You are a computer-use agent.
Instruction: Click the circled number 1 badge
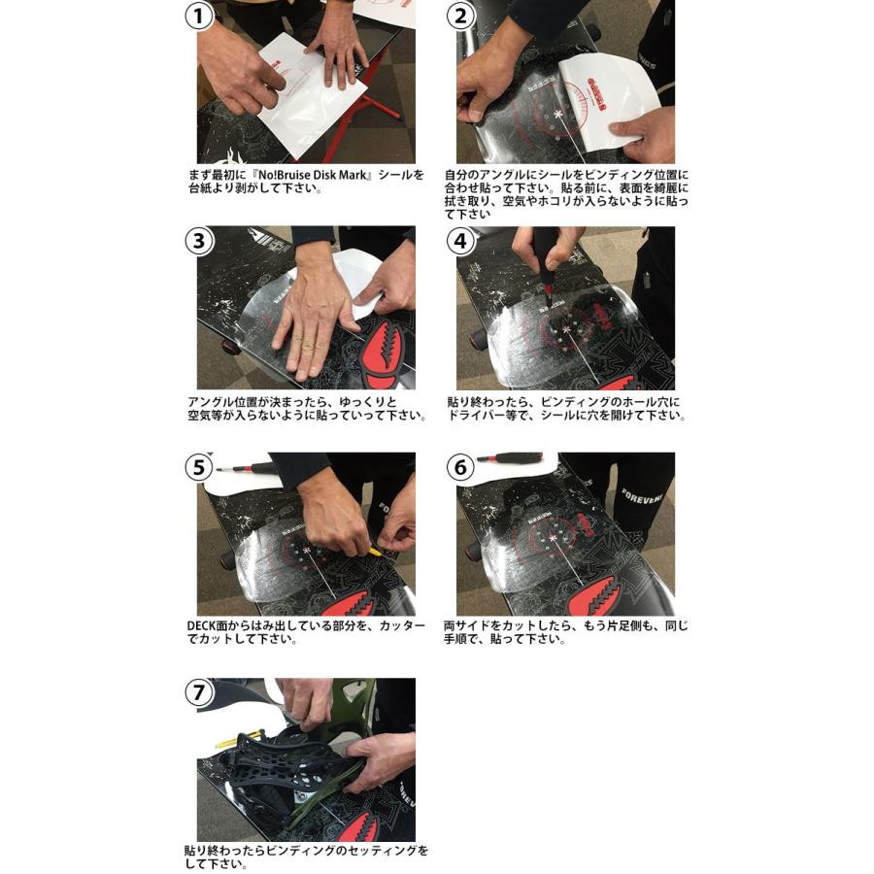[200, 16]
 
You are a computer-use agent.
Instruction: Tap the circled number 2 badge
[460, 16]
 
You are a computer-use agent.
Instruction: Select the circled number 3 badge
[200, 241]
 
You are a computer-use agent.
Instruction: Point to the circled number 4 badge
[460, 241]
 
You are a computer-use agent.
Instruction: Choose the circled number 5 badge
[200, 467]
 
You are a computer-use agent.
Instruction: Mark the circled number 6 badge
[460, 467]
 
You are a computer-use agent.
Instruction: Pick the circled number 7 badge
[200, 692]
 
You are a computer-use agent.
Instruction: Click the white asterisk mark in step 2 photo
[558, 115]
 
